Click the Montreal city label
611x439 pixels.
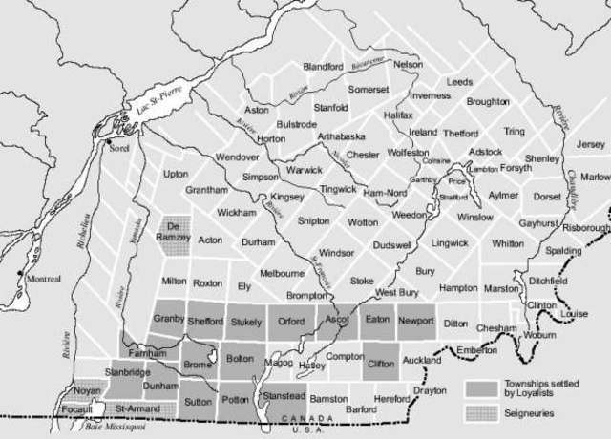(x=42, y=279)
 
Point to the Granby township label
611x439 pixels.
(x=168, y=319)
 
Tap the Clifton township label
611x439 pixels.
(x=381, y=363)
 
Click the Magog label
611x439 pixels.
(x=281, y=364)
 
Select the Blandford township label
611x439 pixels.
(x=323, y=67)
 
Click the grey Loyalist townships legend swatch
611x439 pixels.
(x=482, y=387)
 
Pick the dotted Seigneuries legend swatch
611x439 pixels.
(x=482, y=412)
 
